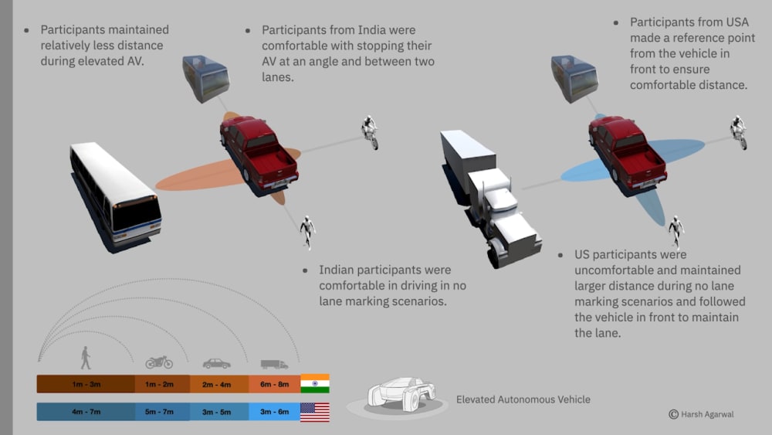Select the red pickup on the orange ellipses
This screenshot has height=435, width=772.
click(x=259, y=151)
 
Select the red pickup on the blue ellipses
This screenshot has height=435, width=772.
click(x=628, y=151)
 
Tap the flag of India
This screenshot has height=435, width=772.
click(x=315, y=383)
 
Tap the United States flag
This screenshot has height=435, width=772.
click(x=315, y=412)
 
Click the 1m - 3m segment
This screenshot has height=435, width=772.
click(x=86, y=384)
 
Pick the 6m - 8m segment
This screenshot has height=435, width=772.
click(x=274, y=384)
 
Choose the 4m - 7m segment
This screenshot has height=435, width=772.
click(x=86, y=412)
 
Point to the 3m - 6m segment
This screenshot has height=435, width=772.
click(x=274, y=412)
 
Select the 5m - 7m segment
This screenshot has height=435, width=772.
click(x=161, y=412)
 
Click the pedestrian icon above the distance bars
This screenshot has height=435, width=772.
click(x=85, y=358)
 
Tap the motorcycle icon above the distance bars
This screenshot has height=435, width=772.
click(x=159, y=362)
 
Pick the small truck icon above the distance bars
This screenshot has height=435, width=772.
click(x=274, y=363)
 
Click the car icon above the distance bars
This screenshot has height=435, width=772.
click(x=216, y=363)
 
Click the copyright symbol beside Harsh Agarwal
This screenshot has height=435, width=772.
click(x=673, y=415)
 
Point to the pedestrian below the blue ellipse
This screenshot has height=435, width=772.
click(x=675, y=231)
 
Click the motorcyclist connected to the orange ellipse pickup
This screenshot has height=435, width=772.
click(x=370, y=132)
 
